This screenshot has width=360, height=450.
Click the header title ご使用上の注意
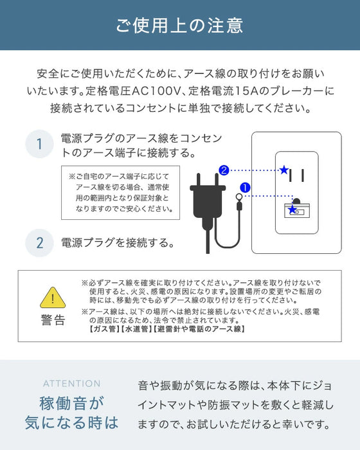[179, 26]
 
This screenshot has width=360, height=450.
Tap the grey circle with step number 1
[39, 143]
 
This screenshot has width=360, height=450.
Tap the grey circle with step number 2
[39, 243]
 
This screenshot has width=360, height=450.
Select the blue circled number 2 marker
[223, 170]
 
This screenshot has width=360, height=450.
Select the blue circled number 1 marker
[245, 188]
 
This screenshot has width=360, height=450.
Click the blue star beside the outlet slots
[283, 170]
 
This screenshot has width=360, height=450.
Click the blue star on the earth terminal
[293, 210]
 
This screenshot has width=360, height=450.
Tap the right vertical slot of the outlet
[303, 175]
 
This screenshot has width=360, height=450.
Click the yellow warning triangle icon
[53, 297]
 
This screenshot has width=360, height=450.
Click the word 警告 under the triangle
[53, 320]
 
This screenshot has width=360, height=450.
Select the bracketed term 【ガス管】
[100, 328]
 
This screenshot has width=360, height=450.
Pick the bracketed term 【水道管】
[133, 328]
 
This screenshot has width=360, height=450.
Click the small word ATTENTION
[71, 383]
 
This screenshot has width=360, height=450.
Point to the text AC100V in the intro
[172, 91]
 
